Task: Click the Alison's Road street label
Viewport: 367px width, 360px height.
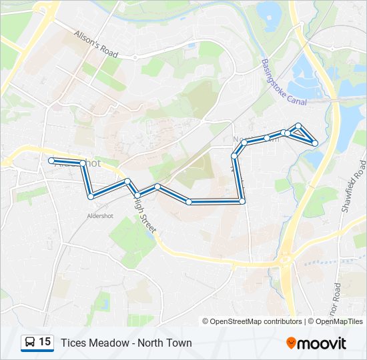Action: [96, 44]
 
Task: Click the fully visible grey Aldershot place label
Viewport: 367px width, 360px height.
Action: [102, 215]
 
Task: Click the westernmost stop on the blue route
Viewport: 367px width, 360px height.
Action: [51, 160]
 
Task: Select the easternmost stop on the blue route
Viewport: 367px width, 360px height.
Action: [314, 142]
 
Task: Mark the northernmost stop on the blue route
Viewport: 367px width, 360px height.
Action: [299, 126]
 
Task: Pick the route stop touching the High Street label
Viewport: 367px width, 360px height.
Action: [137, 195]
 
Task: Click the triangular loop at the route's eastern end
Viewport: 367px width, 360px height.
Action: [302, 135]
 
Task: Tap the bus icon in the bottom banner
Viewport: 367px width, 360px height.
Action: [30, 343]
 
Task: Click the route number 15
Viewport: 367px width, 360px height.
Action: [45, 342]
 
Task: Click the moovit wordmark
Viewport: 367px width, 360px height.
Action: [323, 343]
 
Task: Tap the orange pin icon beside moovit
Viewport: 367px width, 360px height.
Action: [292, 343]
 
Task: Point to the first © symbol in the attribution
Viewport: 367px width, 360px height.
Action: [206, 321]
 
